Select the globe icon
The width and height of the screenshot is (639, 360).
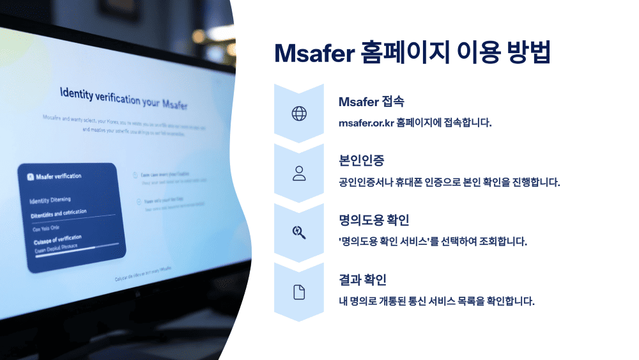[299, 114]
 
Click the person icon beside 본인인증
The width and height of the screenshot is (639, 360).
[299, 173]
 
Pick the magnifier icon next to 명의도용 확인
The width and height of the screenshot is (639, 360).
[299, 233]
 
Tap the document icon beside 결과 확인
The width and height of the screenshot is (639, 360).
[299, 292]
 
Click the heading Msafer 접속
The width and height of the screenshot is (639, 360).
[371, 102]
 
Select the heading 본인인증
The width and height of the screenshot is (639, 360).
[362, 161]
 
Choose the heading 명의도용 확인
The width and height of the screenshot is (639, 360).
[374, 221]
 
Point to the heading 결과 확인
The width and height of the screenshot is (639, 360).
[362, 280]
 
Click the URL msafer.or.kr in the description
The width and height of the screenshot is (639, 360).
[366, 122]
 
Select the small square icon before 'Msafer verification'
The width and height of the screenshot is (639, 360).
[29, 176]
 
